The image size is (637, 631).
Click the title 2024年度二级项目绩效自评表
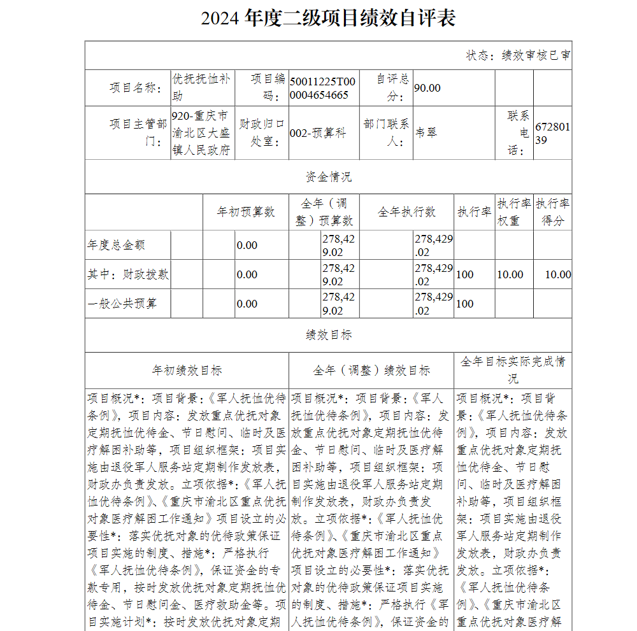(x=328, y=18)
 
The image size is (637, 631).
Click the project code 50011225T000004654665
(x=322, y=88)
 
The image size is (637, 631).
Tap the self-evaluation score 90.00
(x=427, y=88)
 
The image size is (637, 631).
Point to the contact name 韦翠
(x=426, y=132)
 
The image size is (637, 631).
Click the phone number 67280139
(x=552, y=133)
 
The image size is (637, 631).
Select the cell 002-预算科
(x=318, y=132)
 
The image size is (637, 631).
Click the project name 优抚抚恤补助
(x=201, y=87)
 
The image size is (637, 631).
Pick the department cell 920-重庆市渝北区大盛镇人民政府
(x=201, y=133)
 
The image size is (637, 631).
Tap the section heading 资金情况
(x=328, y=176)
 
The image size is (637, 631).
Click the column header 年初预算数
(x=247, y=212)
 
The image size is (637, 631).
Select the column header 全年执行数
(x=406, y=212)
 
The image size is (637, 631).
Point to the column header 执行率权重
(x=514, y=212)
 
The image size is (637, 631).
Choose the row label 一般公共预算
(x=122, y=304)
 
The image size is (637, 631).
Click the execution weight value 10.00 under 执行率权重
(x=510, y=274)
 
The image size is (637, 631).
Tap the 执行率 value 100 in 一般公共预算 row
(x=465, y=304)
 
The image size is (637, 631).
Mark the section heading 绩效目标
(x=328, y=335)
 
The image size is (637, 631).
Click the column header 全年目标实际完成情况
(x=513, y=369)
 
